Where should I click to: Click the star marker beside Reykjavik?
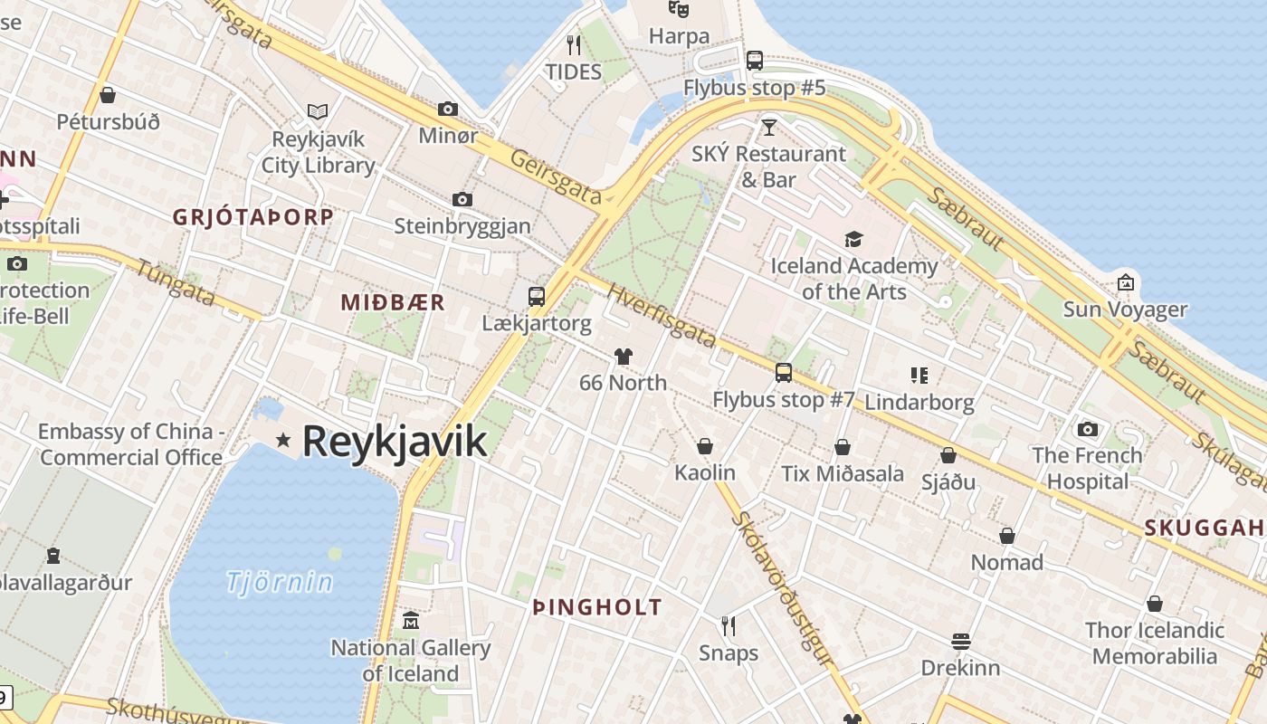tap(283, 440)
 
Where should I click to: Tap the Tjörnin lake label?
tap(280, 582)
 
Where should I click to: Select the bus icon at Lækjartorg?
tap(537, 296)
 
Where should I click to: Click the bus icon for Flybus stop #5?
tap(755, 61)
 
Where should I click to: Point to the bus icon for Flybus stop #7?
tap(784, 372)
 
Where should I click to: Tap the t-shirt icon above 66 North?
tap(623, 357)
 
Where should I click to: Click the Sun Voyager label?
tap(1125, 310)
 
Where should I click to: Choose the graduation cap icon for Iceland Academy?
tap(853, 240)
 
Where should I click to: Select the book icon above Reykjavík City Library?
tap(317, 111)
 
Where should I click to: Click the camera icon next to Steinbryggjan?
tap(462, 199)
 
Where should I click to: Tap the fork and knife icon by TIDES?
tap(573, 44)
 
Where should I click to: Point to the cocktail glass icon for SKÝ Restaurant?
tap(769, 127)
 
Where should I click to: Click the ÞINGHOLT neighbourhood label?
tap(597, 608)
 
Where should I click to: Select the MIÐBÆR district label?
tap(393, 303)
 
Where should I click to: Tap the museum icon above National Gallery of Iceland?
tap(411, 621)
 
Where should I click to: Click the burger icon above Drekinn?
tap(961, 642)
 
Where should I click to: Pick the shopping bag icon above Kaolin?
tap(705, 446)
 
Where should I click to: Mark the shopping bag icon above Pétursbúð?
tap(108, 95)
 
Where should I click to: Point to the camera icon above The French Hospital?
tap(1088, 429)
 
